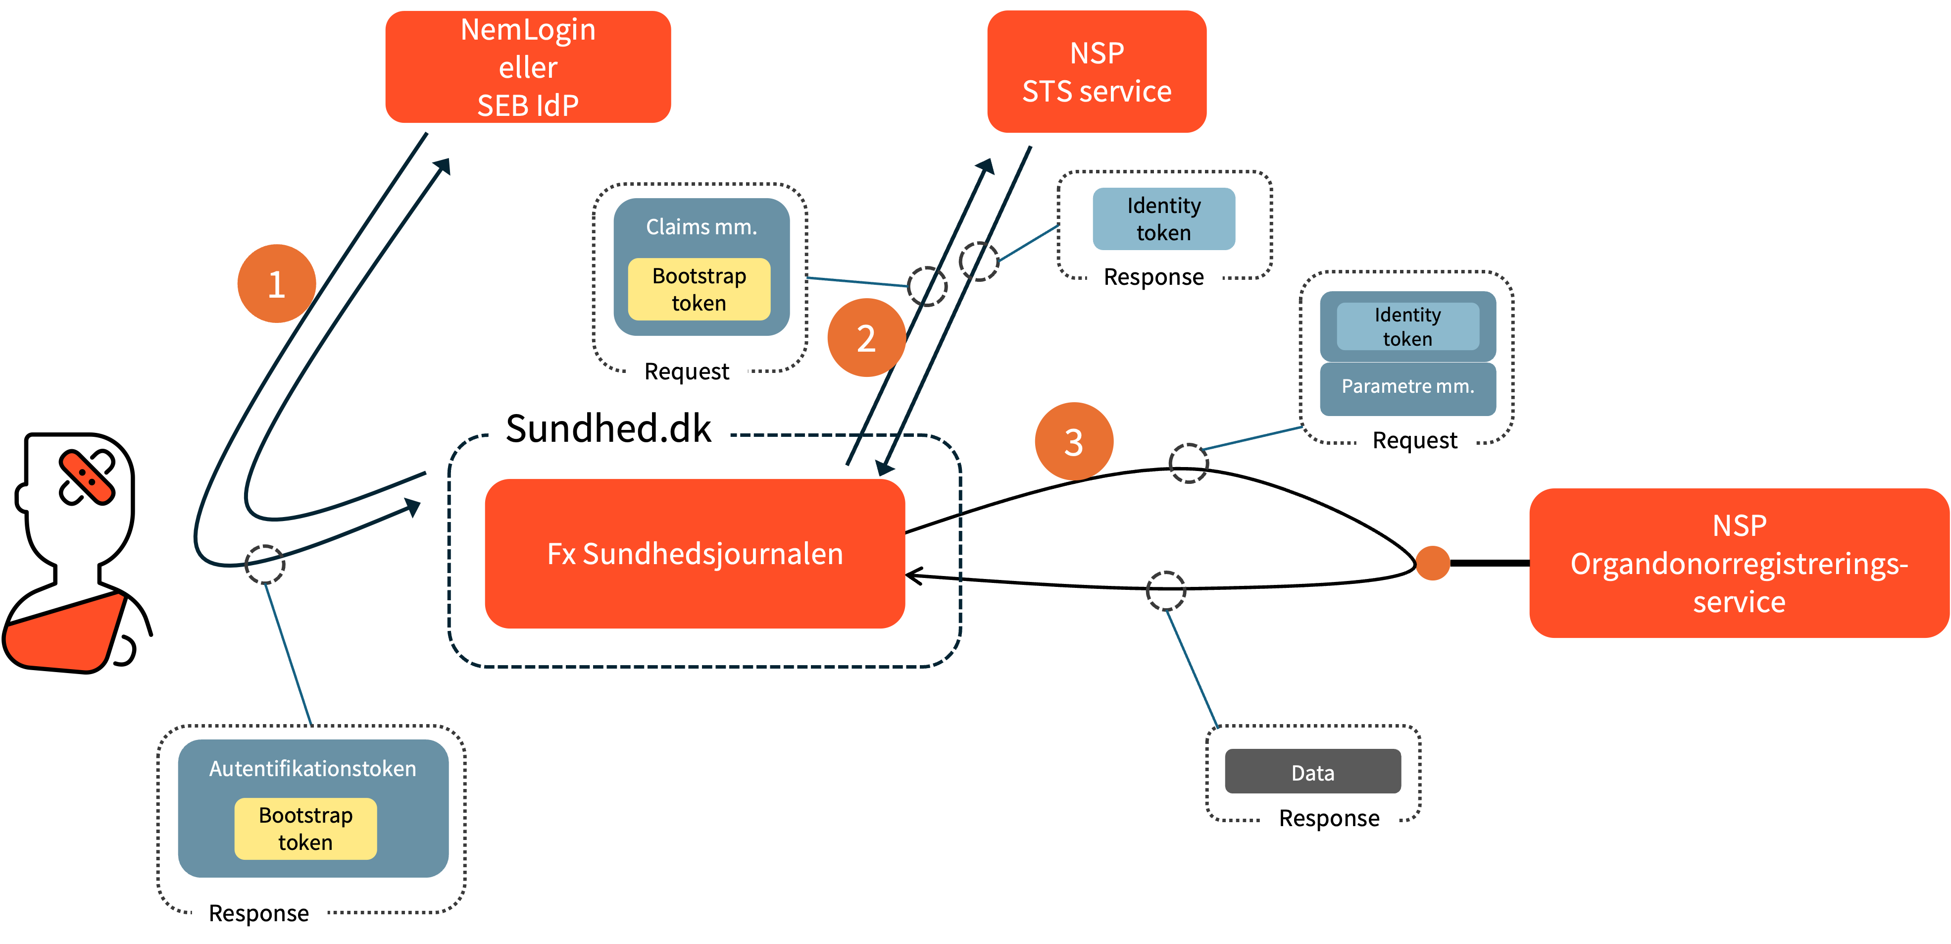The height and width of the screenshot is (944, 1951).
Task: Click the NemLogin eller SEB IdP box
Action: [528, 67]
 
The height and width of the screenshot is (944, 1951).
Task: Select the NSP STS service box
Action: [1096, 72]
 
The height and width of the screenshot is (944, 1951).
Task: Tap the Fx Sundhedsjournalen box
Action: [695, 554]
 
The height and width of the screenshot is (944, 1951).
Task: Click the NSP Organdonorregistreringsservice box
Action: [1739, 563]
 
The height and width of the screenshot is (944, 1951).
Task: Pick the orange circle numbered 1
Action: [276, 283]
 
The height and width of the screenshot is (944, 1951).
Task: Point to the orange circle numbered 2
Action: [866, 338]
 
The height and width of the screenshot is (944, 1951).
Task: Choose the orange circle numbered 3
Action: [1073, 442]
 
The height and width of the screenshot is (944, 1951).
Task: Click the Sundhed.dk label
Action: [609, 428]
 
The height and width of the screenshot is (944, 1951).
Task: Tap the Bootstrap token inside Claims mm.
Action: [699, 289]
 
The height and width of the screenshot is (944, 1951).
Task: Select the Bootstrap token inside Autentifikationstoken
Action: [305, 829]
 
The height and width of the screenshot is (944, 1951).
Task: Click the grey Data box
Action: [1312, 772]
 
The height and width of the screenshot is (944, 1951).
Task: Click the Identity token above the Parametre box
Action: [1407, 326]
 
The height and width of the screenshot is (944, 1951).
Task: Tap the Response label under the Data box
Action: [1329, 818]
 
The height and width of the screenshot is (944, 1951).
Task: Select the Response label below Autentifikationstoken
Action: [259, 913]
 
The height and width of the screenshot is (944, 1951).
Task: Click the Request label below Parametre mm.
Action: [1415, 440]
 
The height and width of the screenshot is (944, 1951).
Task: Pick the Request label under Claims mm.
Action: [687, 371]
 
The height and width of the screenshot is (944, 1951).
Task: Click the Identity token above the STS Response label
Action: [1163, 219]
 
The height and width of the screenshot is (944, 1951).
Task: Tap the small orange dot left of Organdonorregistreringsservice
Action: [1432, 564]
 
